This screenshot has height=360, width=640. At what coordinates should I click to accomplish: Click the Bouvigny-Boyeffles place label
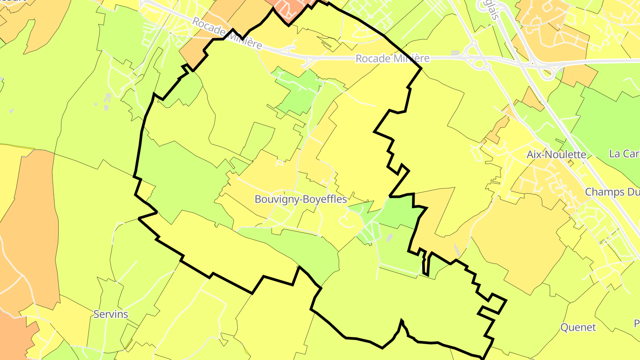[x=300, y=199]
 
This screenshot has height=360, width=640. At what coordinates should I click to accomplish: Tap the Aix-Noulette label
[x=556, y=154]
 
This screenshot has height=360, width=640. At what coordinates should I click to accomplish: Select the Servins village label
[x=111, y=314]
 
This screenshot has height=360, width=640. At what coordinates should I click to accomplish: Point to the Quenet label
[x=578, y=328]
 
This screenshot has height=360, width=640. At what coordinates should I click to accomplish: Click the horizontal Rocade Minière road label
[x=392, y=58]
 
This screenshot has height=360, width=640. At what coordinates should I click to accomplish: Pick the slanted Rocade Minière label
[x=227, y=33]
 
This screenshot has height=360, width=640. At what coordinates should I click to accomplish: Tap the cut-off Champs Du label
[x=612, y=192]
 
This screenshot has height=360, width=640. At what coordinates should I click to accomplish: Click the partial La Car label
[x=624, y=154]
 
